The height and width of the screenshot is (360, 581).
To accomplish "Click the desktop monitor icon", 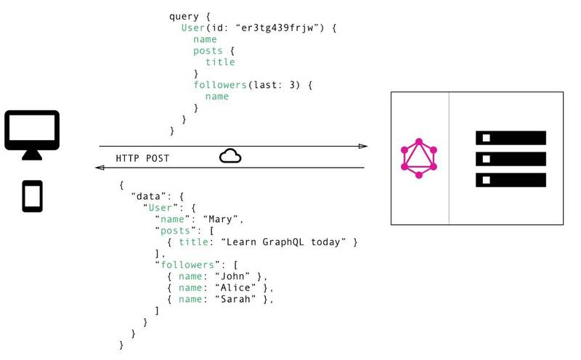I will [x=32, y=133].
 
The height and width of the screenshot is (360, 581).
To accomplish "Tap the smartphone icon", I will [x=32, y=196].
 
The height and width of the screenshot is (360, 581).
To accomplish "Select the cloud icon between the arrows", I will [x=230, y=156].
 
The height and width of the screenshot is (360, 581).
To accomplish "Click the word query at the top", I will [x=184, y=15].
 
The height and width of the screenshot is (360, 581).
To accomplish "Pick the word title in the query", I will [x=220, y=62].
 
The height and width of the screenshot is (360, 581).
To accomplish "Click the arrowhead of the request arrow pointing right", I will [x=363, y=146].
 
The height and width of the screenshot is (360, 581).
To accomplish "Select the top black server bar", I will [x=510, y=138].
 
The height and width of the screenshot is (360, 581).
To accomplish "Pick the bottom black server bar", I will [x=510, y=180].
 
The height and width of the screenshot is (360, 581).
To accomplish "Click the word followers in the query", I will [x=220, y=85].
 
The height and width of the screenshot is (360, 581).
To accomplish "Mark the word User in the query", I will [x=193, y=27].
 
